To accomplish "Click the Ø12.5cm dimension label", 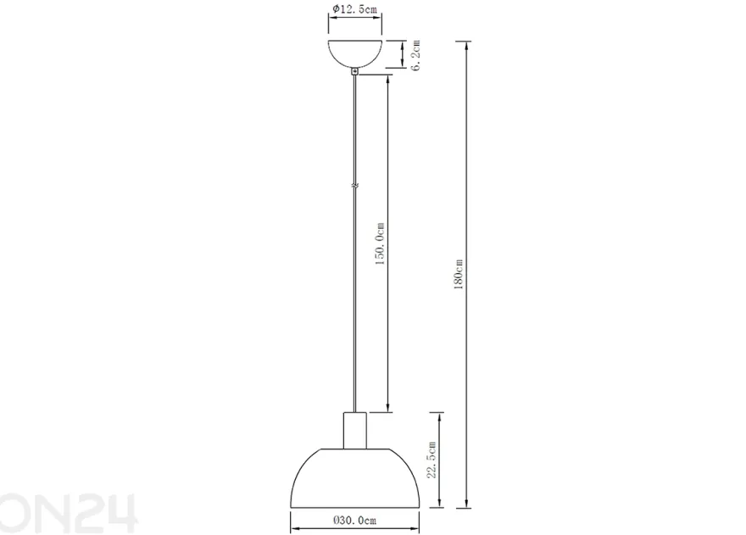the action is [x=354, y=9].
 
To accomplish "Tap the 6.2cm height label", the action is [x=416, y=55].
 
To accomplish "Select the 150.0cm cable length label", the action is [x=380, y=243].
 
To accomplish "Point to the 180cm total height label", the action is [x=458, y=275].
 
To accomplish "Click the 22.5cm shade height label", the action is [x=431, y=460].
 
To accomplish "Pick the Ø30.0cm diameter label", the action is [x=354, y=521].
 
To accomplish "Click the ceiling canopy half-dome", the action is [x=355, y=53].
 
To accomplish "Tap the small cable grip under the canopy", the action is [x=354, y=72].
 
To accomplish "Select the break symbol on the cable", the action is [x=354, y=186].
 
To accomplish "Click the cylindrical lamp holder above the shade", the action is [x=355, y=430].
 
